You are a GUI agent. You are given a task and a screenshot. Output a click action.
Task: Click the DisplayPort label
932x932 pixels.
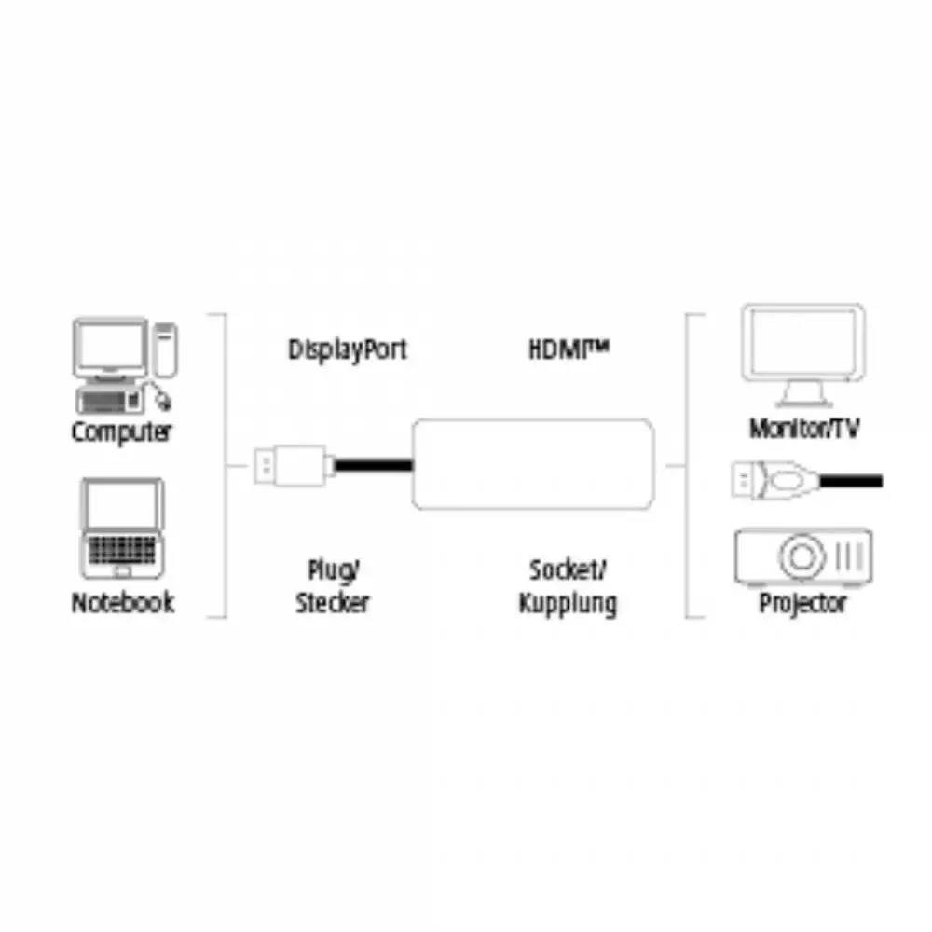[x=347, y=349]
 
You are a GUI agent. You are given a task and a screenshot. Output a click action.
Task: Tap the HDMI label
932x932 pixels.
[x=569, y=349]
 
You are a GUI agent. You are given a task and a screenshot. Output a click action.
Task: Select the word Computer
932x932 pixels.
[x=121, y=432]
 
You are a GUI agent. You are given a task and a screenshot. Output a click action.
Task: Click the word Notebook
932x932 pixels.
[x=122, y=602]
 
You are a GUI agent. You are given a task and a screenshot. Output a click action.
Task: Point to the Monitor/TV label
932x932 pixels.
[x=804, y=428]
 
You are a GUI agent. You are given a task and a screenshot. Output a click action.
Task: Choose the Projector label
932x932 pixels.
[x=802, y=604]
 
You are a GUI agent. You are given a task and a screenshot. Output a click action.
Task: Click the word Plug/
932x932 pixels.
[x=334, y=570]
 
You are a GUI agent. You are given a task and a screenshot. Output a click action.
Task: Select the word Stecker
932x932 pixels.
[x=333, y=603]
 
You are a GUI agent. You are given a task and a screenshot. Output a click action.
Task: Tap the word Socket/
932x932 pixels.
[x=568, y=570]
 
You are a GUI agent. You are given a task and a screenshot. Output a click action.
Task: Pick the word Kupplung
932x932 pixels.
[x=568, y=604]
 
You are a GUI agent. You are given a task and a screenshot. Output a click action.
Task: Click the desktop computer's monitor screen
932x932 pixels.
[x=111, y=347]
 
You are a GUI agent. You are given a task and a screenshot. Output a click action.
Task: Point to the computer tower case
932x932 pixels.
[x=165, y=350]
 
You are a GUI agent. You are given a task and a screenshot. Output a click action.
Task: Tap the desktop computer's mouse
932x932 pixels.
[x=162, y=400]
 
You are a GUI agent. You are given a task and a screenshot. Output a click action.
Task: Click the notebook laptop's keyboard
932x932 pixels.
[x=122, y=550]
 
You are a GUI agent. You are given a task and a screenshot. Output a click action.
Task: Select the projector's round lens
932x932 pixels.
[x=802, y=557]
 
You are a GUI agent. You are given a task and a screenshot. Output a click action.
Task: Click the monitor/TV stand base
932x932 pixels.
[x=802, y=401]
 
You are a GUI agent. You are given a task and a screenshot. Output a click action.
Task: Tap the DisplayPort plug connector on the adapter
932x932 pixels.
[x=291, y=465]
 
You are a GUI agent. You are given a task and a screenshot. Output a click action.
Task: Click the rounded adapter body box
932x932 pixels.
[x=533, y=464]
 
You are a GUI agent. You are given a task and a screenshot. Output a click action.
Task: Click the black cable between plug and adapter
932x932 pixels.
[x=374, y=465]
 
